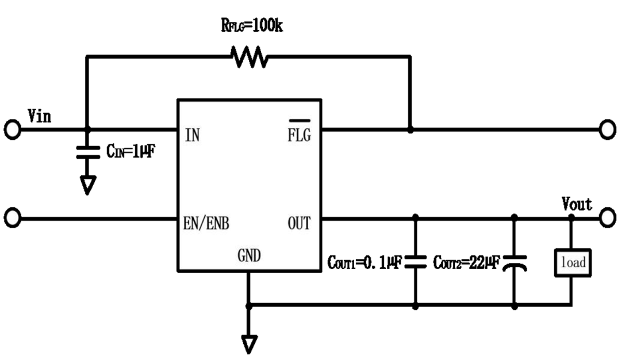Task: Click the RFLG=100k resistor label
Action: pos(252,26)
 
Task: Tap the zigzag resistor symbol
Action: pos(250,57)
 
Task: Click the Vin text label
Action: pos(39,116)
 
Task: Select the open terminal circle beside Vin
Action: pos(12,129)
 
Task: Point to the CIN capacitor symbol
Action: pos(88,152)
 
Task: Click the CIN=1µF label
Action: pos(131,151)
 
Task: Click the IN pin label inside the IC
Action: pos(193,136)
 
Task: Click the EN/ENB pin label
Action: pos(206,223)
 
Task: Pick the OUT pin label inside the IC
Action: pos(299,223)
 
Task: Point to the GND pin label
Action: pos(249,255)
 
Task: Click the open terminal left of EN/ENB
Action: pos(12,218)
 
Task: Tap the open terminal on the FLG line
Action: pos(608,129)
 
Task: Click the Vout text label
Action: pos(577,204)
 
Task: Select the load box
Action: pos(573,263)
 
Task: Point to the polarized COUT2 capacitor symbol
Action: pos(515,263)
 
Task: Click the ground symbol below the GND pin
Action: pos(249,344)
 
